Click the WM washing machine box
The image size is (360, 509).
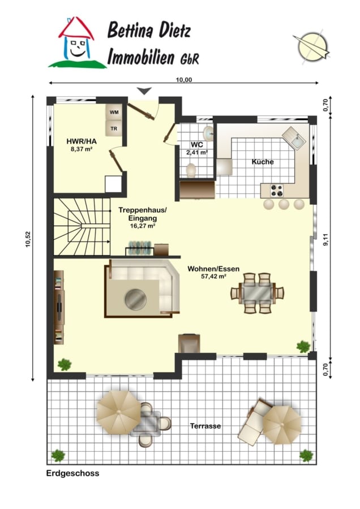(114, 113)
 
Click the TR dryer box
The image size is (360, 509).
(114, 128)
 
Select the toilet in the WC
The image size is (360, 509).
(191, 170)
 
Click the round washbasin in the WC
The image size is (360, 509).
(208, 133)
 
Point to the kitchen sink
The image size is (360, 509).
(294, 139)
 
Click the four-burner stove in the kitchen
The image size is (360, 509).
(277, 191)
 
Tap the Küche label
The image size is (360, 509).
(263, 162)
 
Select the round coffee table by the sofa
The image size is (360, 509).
(135, 299)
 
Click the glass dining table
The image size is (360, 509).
(257, 293)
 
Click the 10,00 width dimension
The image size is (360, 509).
(184, 80)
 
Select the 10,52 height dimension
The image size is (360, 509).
(28, 239)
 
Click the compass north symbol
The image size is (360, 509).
(312, 48)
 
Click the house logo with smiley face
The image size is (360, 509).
(77, 42)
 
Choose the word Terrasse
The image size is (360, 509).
(205, 425)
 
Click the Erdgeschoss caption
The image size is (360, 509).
(73, 473)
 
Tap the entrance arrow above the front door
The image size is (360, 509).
(144, 91)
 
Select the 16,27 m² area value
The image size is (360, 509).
(142, 226)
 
